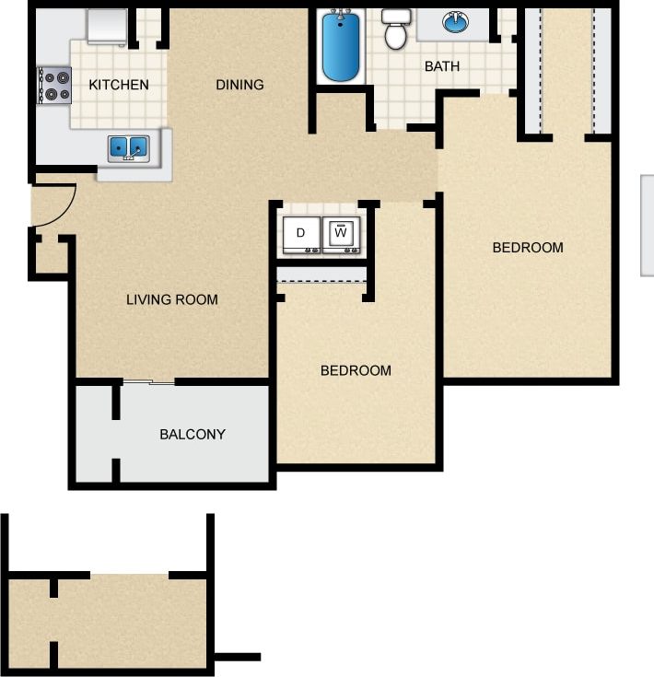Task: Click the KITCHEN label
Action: pos(119,85)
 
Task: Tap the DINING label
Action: pos(239,85)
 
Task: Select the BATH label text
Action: pos(441,66)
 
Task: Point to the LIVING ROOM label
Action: pos(172,298)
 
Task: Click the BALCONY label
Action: pos(193,434)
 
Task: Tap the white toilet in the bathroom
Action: pos(396,30)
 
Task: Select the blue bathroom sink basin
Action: pos(455,22)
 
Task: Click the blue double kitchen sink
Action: pos(129,146)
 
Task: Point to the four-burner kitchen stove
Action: pos(54,86)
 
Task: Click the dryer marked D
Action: pos(301,235)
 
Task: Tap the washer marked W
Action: pos(341,235)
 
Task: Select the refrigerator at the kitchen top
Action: pos(106,28)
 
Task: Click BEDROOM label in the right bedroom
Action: pos(528,247)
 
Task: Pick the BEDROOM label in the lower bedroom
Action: pos(356,370)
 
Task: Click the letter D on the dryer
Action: pos(301,234)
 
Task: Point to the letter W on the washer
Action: pos(341,233)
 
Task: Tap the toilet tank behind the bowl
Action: pos(396,16)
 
